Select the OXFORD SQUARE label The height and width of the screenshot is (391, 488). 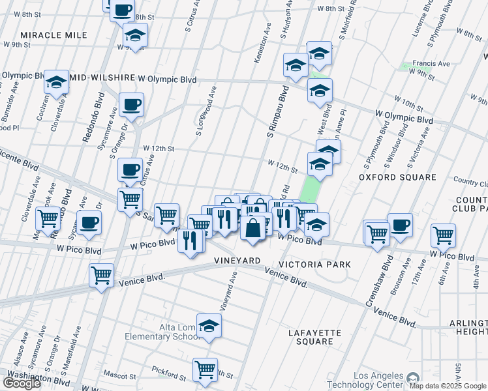coord(397,177)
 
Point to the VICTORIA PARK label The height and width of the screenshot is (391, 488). coord(314,265)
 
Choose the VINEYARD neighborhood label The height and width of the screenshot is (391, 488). coord(237,261)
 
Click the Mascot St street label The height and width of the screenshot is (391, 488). coord(119,375)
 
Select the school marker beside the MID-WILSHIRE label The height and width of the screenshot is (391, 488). coord(57,81)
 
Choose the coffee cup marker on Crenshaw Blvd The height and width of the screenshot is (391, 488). coord(400,225)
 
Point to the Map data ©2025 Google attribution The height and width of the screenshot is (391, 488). coord(448,386)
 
